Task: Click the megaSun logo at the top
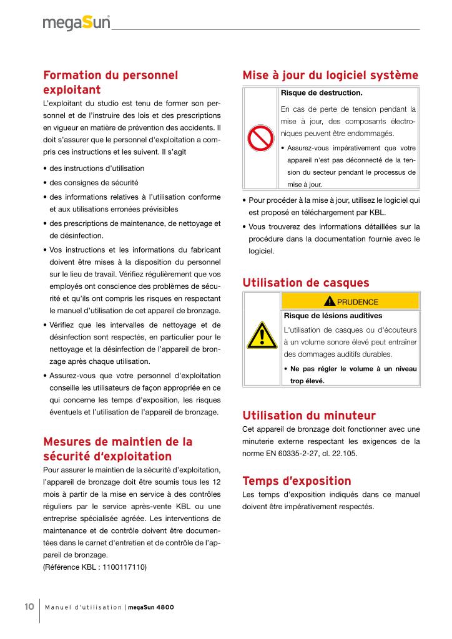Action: click(76, 23)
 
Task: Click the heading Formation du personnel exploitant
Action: click(111, 82)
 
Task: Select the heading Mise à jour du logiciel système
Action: click(330, 76)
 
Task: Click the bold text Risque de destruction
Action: click(322, 93)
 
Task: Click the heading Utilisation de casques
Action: click(305, 283)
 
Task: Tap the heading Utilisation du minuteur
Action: click(308, 415)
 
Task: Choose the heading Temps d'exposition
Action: click(297, 481)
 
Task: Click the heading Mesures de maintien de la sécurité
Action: click(117, 449)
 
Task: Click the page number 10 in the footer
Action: click(29, 607)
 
